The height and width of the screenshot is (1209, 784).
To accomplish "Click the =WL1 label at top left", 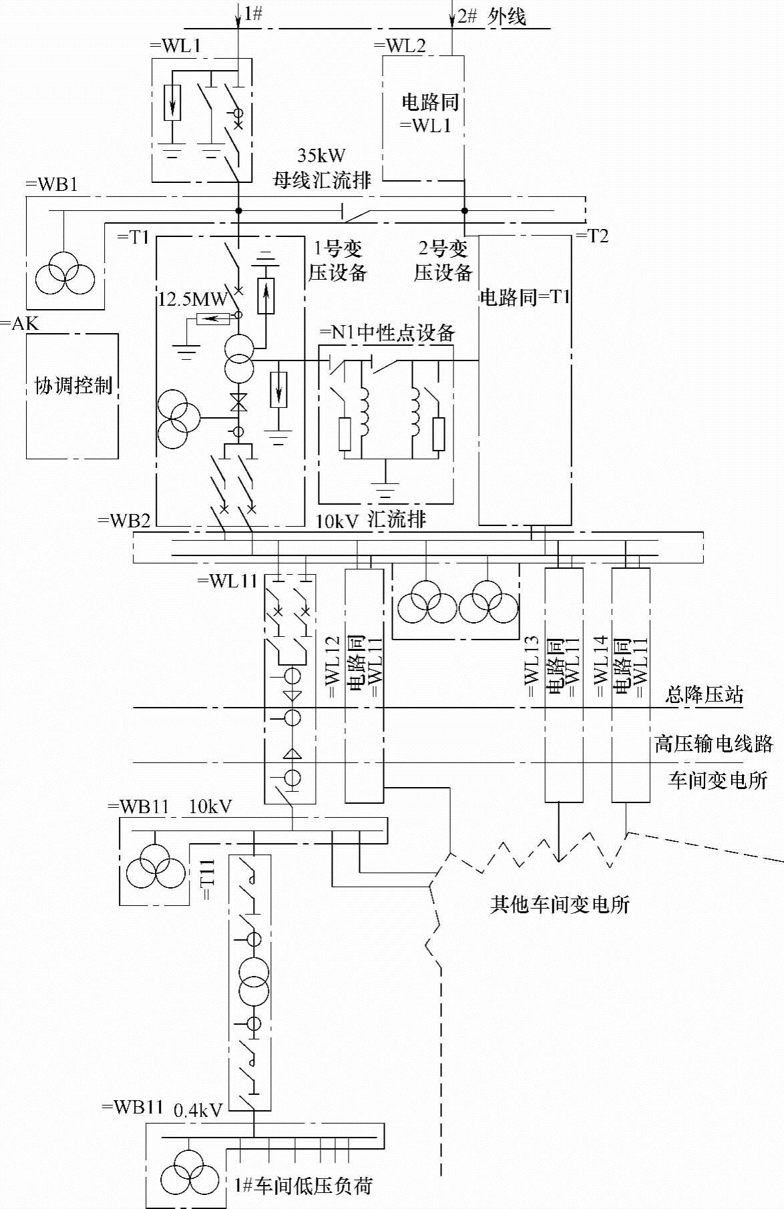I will click(x=175, y=45).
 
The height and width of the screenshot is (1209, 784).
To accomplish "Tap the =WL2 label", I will click(x=399, y=45).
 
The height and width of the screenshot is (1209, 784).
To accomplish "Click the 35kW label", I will click(x=321, y=156).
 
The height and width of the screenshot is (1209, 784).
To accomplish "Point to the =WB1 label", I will click(x=51, y=184).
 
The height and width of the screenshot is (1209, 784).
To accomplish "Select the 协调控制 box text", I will click(x=73, y=385).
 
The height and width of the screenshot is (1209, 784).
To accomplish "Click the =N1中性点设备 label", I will click(x=387, y=332).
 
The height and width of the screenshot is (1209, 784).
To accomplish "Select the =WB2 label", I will click(x=124, y=521).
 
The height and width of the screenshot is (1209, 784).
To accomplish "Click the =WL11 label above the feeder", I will click(x=227, y=581).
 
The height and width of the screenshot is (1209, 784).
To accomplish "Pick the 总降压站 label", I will click(x=704, y=694).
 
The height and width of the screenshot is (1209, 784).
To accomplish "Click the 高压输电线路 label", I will click(x=713, y=743).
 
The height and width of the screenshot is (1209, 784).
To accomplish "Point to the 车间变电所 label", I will click(x=717, y=780).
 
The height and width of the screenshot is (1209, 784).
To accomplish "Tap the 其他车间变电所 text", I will click(x=560, y=905).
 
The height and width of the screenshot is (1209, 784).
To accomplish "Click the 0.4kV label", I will click(x=198, y=1111).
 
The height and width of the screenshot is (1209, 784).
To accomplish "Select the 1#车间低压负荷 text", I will click(x=303, y=1186).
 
